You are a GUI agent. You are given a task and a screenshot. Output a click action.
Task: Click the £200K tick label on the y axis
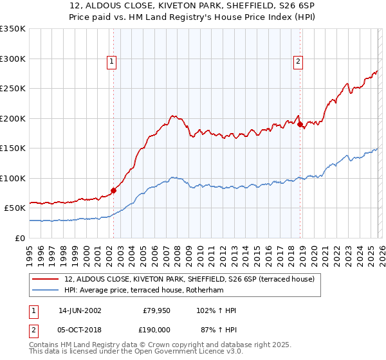pyautogui.click(x=12, y=118)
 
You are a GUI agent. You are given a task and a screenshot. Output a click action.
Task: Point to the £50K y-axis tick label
pyautogui.click(x=14, y=208)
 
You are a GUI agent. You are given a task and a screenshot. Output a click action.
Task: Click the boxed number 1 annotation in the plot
pyautogui.click(x=112, y=62)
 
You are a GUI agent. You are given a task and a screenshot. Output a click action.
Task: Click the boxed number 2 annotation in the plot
pyautogui.click(x=299, y=62)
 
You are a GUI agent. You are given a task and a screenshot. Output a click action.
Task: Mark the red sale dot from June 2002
pyautogui.click(x=114, y=190)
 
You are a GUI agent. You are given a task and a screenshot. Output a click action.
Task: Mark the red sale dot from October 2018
pyautogui.click(x=300, y=124)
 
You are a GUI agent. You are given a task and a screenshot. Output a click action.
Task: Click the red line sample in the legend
pyautogui.click(x=46, y=279)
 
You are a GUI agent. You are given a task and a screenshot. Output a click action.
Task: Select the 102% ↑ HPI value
pyautogui.click(x=216, y=310)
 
